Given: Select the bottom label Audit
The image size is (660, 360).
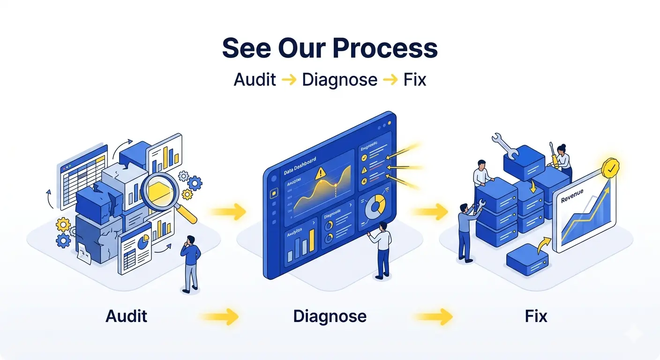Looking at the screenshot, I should [x=127, y=316].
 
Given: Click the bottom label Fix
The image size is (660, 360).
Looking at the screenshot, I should [x=536, y=316].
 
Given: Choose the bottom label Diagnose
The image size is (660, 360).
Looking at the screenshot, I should [x=330, y=316].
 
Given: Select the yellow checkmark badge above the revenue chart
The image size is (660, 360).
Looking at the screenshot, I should [x=611, y=168].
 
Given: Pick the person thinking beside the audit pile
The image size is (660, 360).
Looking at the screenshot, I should [x=190, y=262].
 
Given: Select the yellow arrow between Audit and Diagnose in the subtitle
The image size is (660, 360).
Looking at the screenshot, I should [x=289, y=80].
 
